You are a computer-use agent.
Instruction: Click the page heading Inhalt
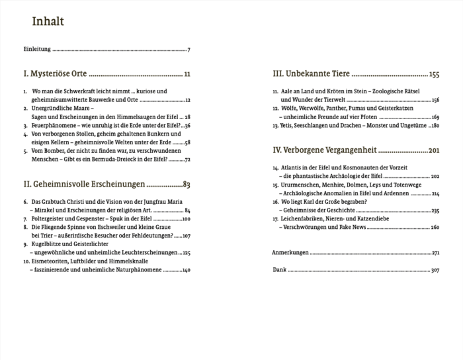click(x=48, y=22)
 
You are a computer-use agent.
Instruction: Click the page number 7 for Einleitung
click(x=189, y=50)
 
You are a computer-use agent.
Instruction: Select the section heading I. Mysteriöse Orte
click(x=55, y=75)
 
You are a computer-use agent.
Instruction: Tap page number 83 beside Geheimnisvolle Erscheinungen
click(x=187, y=184)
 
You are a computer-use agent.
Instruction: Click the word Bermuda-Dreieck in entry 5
click(x=125, y=159)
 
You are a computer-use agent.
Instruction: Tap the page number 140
click(x=186, y=269)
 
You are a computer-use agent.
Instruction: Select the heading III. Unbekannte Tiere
click(x=311, y=75)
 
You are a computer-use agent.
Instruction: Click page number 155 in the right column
click(x=434, y=75)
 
